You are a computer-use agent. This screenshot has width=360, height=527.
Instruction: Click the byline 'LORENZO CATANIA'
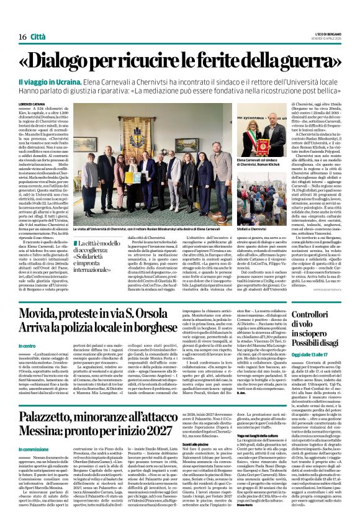point(32,104)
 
